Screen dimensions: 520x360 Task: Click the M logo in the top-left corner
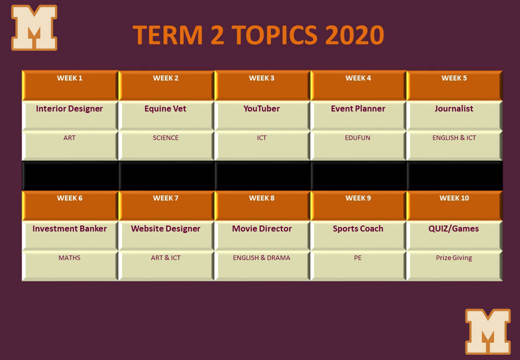[x=34, y=27]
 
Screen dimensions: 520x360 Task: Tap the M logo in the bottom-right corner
[x=488, y=331]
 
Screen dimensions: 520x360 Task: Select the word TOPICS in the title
[x=274, y=35]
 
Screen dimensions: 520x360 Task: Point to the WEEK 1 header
[x=69, y=78]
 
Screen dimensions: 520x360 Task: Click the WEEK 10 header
[x=454, y=198]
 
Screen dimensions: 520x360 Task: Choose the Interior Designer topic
[x=69, y=108]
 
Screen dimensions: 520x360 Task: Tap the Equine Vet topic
[x=165, y=108]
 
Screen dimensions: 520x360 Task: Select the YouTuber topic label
[x=261, y=108]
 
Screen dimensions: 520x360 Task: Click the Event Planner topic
[x=358, y=108]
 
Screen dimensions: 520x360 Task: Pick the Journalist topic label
[x=453, y=108]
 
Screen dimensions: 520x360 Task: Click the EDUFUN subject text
[x=357, y=138]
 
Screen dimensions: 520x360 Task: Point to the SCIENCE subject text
[x=165, y=138]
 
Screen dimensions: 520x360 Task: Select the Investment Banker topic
[x=69, y=228]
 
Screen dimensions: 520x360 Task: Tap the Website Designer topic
[x=165, y=228]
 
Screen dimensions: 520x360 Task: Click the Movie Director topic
[x=261, y=228]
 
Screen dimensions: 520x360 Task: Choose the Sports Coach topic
[x=358, y=228]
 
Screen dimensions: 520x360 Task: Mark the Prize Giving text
[x=453, y=258]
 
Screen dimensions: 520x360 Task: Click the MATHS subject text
[x=69, y=258]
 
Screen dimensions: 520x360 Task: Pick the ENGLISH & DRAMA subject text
[x=261, y=258]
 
